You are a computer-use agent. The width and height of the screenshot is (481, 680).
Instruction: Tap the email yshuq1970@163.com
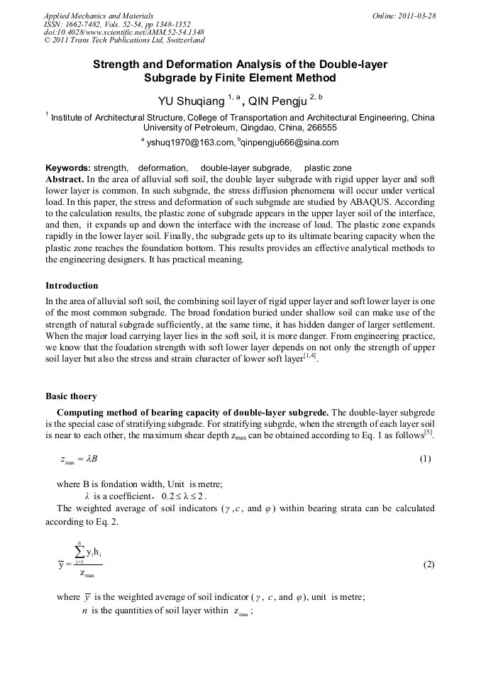click(190, 143)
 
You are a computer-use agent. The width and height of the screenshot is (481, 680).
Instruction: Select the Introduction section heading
click(72, 286)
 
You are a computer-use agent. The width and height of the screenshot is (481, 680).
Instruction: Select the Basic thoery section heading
click(71, 396)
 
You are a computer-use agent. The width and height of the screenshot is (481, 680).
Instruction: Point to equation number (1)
click(425, 459)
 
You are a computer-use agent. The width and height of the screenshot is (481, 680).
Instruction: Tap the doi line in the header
click(124, 32)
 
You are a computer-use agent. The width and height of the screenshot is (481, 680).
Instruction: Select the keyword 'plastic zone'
click(328, 168)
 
